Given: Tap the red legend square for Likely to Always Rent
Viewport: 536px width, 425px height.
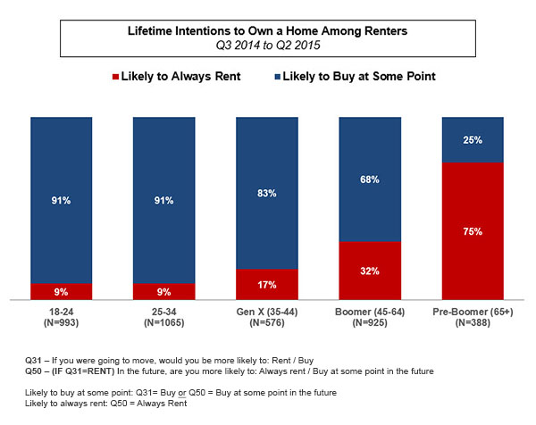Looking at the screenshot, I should coord(116,76).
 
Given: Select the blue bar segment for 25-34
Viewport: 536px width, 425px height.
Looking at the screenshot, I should coord(163,201).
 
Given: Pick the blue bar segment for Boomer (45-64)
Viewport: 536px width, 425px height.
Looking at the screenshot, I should coord(370,179).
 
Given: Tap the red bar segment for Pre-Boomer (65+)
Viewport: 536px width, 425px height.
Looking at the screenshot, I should coord(473,230).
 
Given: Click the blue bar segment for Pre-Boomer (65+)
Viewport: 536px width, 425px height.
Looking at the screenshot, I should coord(473,139).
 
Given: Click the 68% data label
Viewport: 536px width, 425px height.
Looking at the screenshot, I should coord(370,179).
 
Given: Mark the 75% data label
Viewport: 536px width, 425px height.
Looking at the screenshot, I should coord(473,231).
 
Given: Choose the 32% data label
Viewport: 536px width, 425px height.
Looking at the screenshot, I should coord(370,271).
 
